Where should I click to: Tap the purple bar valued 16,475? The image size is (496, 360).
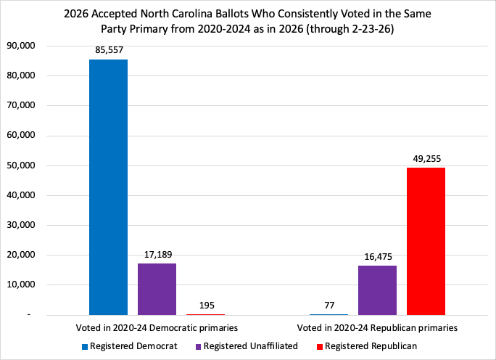click(377, 290)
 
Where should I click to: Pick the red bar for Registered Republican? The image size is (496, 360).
click(426, 241)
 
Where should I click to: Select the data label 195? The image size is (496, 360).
click(205, 306)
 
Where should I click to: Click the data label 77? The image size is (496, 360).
click(328, 306)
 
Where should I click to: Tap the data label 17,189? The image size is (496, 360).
click(157, 255)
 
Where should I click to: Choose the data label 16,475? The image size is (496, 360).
click(377, 257)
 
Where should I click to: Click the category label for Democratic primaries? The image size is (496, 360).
click(157, 328)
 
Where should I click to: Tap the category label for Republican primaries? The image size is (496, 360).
click(377, 328)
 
